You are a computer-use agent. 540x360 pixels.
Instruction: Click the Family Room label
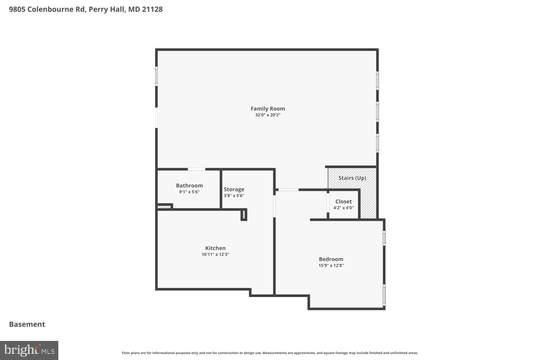[267, 108]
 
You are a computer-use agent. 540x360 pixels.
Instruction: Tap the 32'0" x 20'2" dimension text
[267, 115]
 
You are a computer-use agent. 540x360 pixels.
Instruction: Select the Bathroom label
[189, 185]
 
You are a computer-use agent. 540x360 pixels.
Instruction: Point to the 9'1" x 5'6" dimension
[189, 192]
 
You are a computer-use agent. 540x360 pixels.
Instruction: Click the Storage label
[234, 189]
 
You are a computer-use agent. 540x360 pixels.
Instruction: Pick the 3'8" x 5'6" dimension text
[234, 196]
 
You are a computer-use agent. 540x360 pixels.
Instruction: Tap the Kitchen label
[215, 248]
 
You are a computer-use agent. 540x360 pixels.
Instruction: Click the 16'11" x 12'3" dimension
[215, 255]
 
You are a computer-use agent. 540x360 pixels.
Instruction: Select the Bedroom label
[331, 259]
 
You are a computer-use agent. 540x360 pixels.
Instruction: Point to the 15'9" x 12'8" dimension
[331, 266]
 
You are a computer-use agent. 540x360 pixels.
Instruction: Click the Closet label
[343, 201]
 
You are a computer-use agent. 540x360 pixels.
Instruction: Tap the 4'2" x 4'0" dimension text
[343, 208]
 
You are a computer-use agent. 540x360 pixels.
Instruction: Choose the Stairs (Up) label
[352, 178]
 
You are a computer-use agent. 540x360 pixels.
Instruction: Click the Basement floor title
[27, 324]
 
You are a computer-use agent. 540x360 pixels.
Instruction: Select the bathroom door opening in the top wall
[197, 169]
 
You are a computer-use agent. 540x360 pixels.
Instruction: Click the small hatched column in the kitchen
[244, 215]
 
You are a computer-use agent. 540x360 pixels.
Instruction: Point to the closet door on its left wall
[328, 203]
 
